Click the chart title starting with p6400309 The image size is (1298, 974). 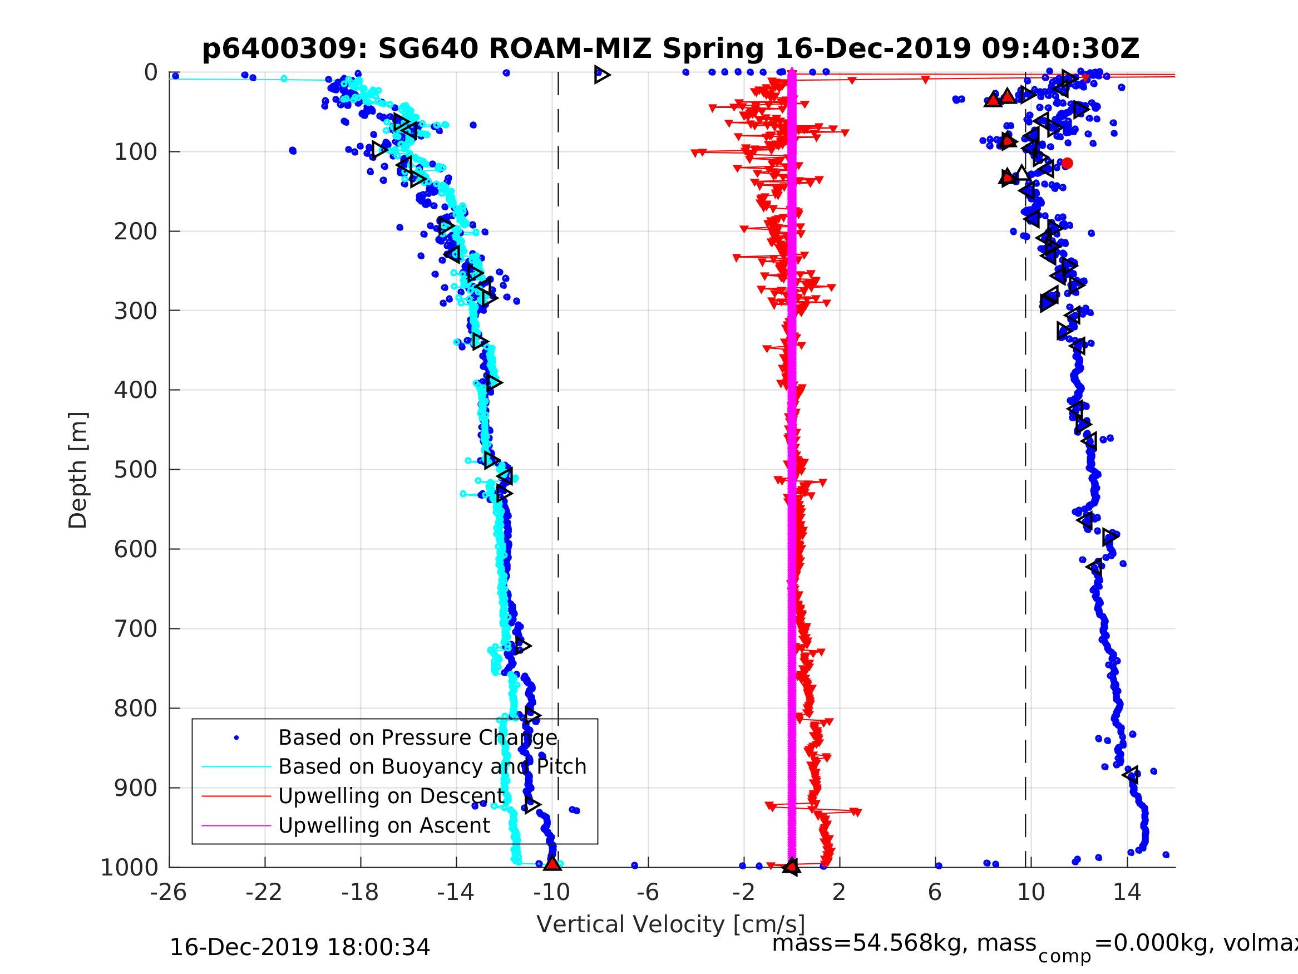click(670, 49)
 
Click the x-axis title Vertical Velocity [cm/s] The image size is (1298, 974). click(670, 924)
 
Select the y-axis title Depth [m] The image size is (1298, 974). click(78, 470)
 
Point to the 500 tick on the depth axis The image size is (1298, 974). click(136, 470)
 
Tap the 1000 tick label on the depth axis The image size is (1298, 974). click(129, 867)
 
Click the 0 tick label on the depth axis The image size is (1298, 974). click(151, 73)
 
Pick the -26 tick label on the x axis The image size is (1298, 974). click(169, 892)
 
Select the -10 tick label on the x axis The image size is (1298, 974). click(551, 892)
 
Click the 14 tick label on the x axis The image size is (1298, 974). click(1127, 892)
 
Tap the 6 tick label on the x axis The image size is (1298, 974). click(935, 892)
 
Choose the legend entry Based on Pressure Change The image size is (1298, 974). click(417, 737)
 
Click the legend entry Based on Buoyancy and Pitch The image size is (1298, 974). click(432, 767)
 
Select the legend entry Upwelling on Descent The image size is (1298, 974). click(391, 796)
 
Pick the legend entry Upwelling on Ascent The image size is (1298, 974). click(384, 825)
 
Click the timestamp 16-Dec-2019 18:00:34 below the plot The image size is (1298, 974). click(299, 947)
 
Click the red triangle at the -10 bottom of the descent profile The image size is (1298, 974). click(552, 864)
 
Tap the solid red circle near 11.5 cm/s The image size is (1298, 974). click(1067, 163)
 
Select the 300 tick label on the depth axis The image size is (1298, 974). click(136, 311)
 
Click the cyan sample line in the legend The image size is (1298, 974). click(236, 767)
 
